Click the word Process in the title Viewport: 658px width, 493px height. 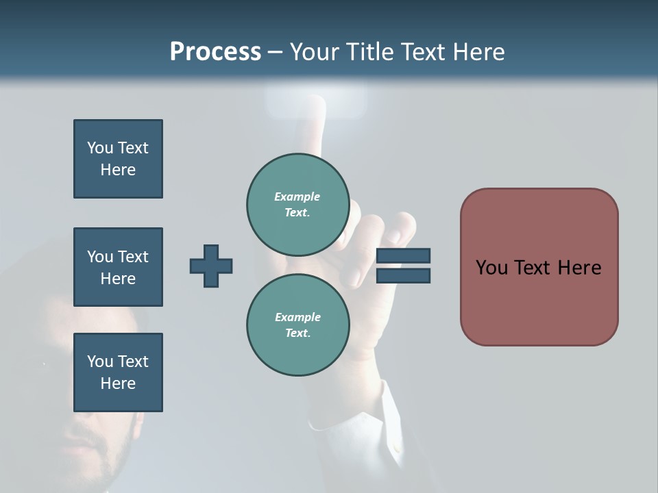pyautogui.click(x=215, y=51)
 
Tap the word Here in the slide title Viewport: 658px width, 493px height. pyautogui.click(x=477, y=51)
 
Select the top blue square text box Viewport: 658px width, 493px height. pyautogui.click(x=118, y=159)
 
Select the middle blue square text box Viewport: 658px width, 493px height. pyautogui.click(x=118, y=267)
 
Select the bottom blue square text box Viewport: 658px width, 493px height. pyautogui.click(x=118, y=372)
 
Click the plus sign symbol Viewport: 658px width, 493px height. pyautogui.click(x=211, y=266)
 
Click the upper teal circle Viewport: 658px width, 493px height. pyautogui.click(x=298, y=205)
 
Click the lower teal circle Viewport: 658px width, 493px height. pyautogui.click(x=298, y=325)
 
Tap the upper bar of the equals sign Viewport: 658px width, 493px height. pyautogui.click(x=403, y=255)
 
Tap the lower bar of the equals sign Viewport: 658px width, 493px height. pyautogui.click(x=403, y=276)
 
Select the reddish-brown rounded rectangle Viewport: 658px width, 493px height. pyautogui.click(x=539, y=301)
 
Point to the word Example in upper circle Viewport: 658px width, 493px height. pyautogui.click(x=297, y=197)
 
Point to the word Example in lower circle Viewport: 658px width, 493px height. pyautogui.click(x=297, y=317)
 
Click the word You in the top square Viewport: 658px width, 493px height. pyautogui.click(x=100, y=148)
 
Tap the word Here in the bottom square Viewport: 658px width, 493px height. pyautogui.click(x=118, y=383)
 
